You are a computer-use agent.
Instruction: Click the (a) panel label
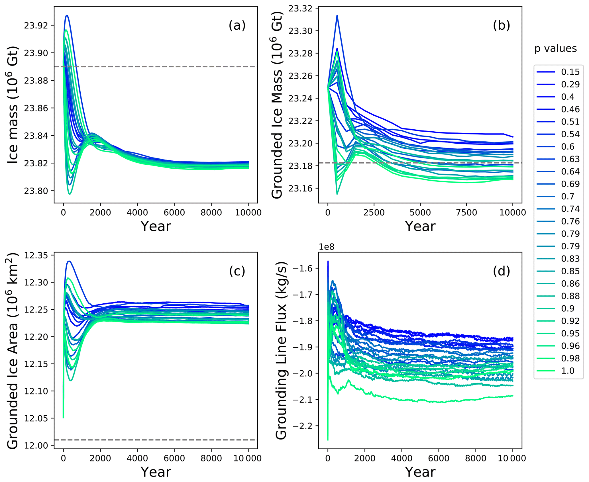pyautogui.click(x=237, y=26)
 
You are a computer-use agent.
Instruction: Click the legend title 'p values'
pyautogui.click(x=555, y=49)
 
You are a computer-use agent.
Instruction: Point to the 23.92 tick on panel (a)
pyautogui.click(x=36, y=26)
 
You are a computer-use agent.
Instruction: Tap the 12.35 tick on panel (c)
pyautogui.click(x=36, y=255)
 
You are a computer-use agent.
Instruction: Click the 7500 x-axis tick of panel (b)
pyautogui.click(x=466, y=213)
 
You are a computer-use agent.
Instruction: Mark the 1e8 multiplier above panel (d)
pyautogui.click(x=326, y=247)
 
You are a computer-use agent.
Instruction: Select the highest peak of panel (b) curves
pyautogui.click(x=337, y=15)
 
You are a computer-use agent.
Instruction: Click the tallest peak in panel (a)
pyautogui.click(x=67, y=15)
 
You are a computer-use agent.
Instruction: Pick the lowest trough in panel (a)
pyautogui.click(x=70, y=194)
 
